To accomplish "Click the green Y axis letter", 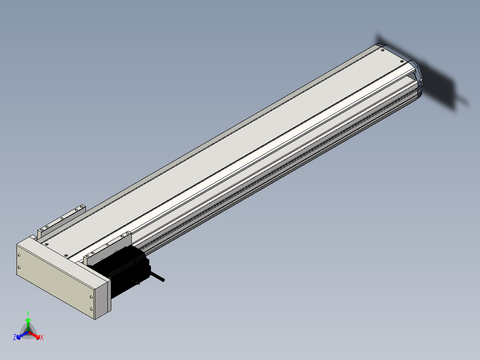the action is point(28,313).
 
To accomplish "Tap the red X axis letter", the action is point(42,337).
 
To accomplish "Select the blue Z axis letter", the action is point(15,337).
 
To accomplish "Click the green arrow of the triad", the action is point(28,324).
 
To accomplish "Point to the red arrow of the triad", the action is point(34,335).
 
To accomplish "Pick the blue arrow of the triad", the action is point(22,335).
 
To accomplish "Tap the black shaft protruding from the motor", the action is point(157,276).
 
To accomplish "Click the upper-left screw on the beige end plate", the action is point(19,255).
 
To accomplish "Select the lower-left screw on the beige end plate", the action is point(19,267).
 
